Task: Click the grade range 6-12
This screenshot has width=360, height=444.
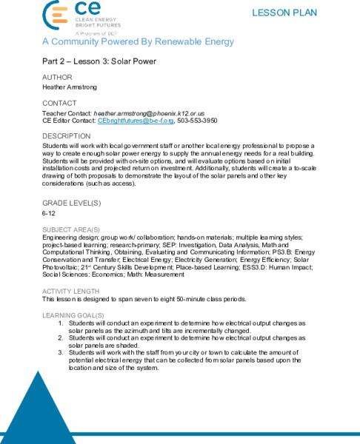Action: pyautogui.click(x=49, y=212)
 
